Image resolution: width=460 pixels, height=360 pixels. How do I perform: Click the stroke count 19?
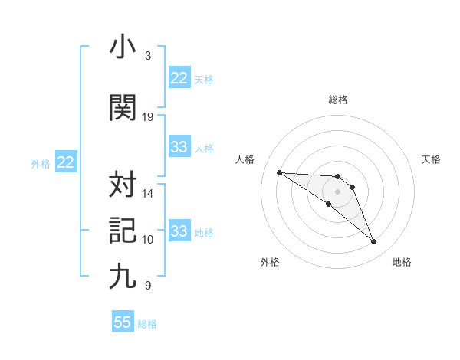coord(148,117)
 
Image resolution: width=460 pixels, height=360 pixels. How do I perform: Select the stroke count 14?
coord(148,194)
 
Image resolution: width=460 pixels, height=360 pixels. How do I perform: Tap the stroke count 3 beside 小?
coord(148,56)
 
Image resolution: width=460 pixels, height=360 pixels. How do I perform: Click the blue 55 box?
coord(123,322)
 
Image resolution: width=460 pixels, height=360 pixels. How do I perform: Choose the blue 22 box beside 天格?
coord(179,78)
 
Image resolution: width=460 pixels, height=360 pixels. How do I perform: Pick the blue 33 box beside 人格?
coord(179,147)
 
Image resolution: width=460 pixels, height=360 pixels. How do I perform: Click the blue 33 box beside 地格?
coord(179,231)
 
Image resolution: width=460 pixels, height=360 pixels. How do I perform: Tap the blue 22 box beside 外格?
coord(65,162)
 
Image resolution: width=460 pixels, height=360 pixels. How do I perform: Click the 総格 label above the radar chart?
coord(338,100)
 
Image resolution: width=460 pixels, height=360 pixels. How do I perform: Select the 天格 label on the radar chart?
coord(432,159)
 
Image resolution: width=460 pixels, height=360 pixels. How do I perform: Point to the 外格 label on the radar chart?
coord(270,262)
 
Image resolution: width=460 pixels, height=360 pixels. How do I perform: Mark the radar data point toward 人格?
coord(279,172)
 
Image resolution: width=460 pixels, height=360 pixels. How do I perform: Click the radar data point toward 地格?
coord(374,242)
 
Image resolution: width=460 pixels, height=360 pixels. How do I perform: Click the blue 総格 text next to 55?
coord(147,324)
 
